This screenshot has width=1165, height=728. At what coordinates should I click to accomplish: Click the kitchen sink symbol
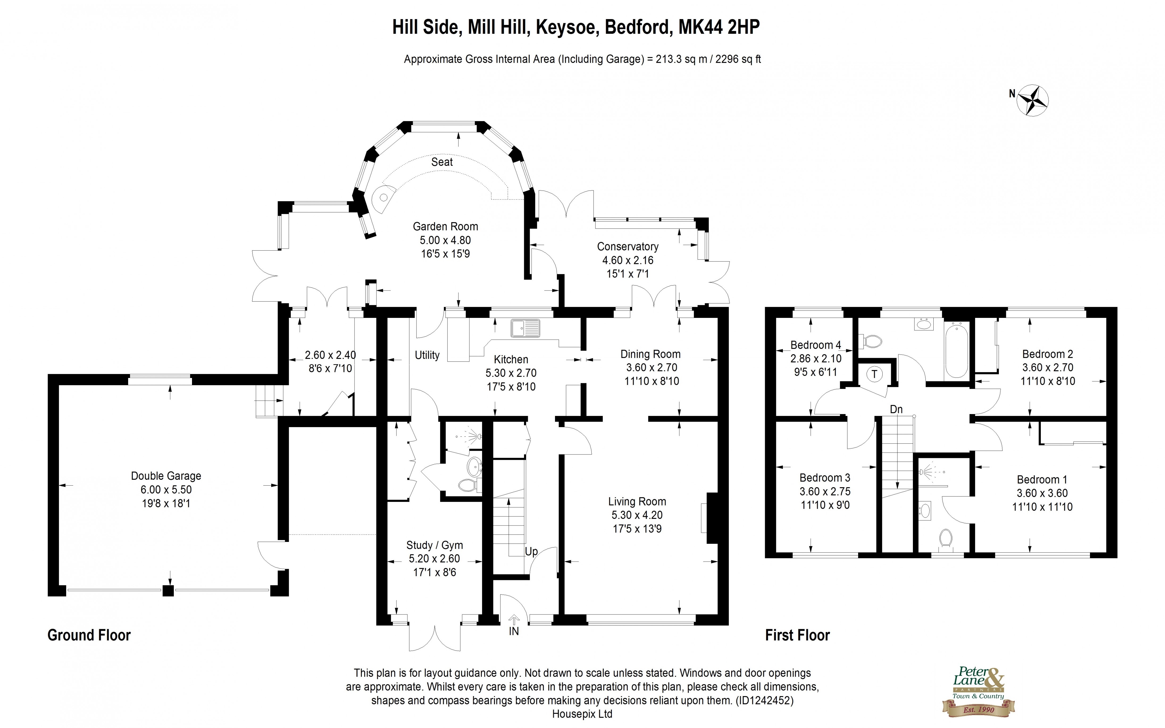[525, 328]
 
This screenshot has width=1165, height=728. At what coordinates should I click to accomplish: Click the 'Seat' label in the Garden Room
[442, 162]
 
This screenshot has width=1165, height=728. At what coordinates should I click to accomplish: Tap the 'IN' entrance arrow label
[514, 631]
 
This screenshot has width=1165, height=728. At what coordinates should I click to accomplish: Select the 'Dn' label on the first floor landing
[896, 409]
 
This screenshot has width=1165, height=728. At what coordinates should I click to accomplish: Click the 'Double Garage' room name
[166, 476]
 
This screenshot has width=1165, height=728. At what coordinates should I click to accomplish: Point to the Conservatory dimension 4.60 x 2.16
[628, 260]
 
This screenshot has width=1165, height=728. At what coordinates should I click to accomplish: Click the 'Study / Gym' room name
[435, 545]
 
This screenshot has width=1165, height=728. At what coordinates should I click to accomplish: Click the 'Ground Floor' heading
[89, 635]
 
